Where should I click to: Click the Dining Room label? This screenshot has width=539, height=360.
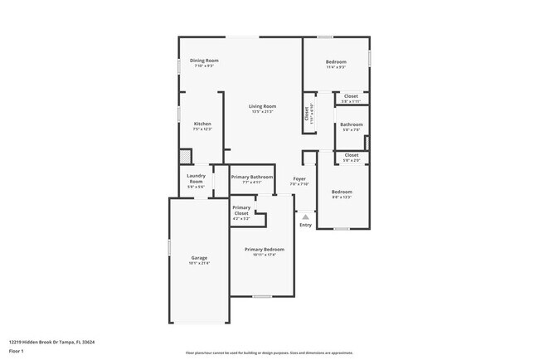pyautogui.click(x=204, y=61)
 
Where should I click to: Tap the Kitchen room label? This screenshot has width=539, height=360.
pyautogui.click(x=202, y=124)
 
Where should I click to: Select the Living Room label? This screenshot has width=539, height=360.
pyautogui.click(x=262, y=106)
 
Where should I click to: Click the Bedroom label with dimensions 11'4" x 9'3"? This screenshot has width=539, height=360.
pyautogui.click(x=336, y=62)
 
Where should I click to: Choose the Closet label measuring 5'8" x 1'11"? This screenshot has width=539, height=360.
pyautogui.click(x=352, y=96)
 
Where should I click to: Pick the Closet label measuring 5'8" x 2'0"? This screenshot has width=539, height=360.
pyautogui.click(x=352, y=155)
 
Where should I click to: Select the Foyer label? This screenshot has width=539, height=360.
pyautogui.click(x=299, y=178)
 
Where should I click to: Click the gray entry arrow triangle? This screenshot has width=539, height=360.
pyautogui.click(x=305, y=216)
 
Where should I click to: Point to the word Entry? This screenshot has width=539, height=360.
pyautogui.click(x=305, y=225)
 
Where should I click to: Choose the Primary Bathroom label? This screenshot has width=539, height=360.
pyautogui.click(x=252, y=177)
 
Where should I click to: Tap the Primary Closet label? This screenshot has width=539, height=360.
pyautogui.click(x=241, y=211)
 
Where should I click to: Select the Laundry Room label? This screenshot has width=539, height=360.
pyautogui.click(x=196, y=178)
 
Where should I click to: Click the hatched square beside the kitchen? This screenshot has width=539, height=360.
pyautogui.click(x=186, y=157)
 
